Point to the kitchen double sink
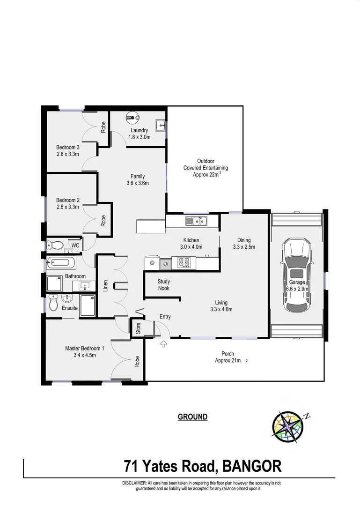coord(196,220)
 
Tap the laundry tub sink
coord(161,125)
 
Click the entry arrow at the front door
coord(164,345)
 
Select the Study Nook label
coord(163,285)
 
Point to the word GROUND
coord(192,417)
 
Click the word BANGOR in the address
coord(252,466)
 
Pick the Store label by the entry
coord(138,328)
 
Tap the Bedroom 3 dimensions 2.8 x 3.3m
coord(68,153)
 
